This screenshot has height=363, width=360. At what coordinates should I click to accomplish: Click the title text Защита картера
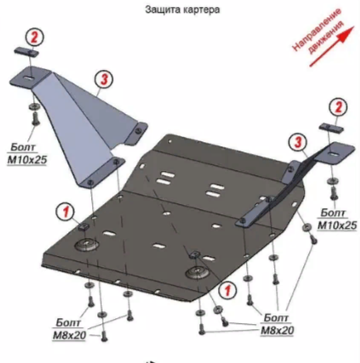[182, 9]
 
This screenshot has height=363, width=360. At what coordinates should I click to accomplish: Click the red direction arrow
[332, 47]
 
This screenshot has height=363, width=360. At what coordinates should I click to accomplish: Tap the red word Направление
[316, 30]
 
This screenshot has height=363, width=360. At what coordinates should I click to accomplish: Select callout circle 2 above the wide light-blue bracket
[34, 37]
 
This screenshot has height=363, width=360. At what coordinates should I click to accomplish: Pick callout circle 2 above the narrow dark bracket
[338, 107]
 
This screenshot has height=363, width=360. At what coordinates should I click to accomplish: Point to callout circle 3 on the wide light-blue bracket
[104, 79]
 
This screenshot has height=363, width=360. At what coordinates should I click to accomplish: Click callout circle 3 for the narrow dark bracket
[298, 143]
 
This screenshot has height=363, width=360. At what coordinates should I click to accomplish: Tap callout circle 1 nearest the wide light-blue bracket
[66, 212]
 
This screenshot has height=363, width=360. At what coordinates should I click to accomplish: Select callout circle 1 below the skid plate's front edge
[227, 291]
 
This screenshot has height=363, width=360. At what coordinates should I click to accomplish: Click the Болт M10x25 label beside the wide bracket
[26, 154]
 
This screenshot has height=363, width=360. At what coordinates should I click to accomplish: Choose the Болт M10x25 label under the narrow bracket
[337, 219]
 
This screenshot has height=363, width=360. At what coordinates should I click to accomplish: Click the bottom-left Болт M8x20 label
[69, 329]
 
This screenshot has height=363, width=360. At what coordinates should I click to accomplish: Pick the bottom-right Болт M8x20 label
[277, 324]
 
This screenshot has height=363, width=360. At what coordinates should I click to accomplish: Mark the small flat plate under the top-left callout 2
[26, 52]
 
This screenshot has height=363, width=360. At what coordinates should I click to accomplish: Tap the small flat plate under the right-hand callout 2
[332, 128]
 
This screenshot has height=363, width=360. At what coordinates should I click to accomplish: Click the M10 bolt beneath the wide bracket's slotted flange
[35, 118]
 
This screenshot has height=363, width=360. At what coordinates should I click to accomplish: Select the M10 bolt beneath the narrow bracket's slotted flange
[334, 194]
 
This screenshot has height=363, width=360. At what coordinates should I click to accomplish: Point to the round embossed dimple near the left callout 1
[87, 244]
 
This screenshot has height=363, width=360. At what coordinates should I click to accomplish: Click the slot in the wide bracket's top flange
[27, 78]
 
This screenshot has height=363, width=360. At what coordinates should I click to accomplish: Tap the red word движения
[326, 37]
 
